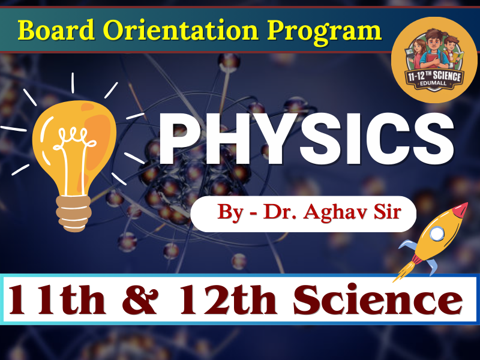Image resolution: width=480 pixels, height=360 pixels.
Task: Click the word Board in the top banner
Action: (56, 30)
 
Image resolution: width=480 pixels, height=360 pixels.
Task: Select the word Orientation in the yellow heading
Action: (181, 30)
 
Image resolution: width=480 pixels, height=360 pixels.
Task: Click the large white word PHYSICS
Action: (307, 139)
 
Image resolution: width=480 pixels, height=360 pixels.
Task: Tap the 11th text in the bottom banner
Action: (57, 299)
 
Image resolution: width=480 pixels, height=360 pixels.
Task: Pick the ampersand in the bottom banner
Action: (140, 299)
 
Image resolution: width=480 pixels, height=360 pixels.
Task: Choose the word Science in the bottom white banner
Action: (378, 299)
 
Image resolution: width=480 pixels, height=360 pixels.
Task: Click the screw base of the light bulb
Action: (73, 214)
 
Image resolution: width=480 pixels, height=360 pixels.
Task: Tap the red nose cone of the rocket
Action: (460, 210)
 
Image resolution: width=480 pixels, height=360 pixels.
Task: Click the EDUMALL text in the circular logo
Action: (434, 83)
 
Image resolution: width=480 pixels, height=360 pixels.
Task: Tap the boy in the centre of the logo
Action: (434, 50)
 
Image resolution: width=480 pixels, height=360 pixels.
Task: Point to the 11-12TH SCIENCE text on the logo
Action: (434, 76)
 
